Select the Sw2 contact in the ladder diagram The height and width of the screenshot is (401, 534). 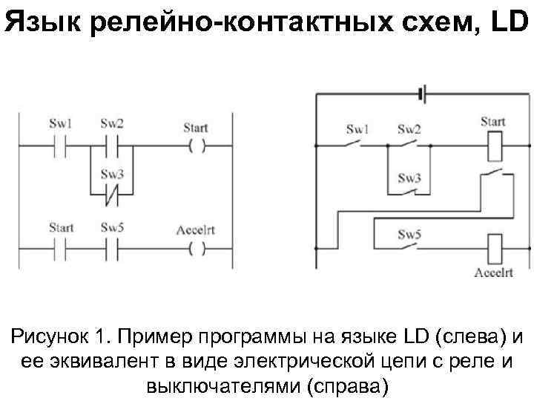pyautogui.click(x=113, y=145)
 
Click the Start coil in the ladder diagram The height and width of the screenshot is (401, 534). pyautogui.click(x=196, y=145)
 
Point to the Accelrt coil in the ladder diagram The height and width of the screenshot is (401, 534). pyautogui.click(x=196, y=248)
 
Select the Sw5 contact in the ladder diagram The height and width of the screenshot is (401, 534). pyautogui.click(x=113, y=248)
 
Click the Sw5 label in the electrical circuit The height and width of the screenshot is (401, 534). pyautogui.click(x=409, y=235)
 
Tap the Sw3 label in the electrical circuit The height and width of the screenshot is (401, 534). pyautogui.click(x=409, y=178)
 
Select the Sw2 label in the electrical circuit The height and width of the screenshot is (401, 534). pyautogui.click(x=409, y=128)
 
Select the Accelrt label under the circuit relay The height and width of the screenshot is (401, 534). pyautogui.click(x=493, y=273)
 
